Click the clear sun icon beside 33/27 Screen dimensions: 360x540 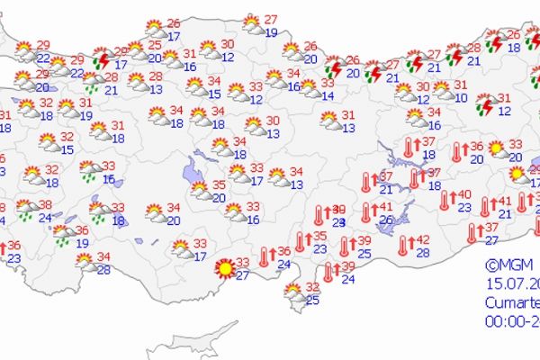pos(223,268)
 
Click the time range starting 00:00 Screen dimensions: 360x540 pos(511,319)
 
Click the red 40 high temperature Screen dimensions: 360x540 pos(463,194)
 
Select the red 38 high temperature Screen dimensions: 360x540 pos(43,204)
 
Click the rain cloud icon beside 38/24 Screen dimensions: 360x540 pos(27,210)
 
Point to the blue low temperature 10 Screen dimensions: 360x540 pos(461,97)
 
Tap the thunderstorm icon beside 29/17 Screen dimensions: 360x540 pos(103,60)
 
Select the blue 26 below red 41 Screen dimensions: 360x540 pos(388,220)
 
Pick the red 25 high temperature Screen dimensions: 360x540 pos(155,45)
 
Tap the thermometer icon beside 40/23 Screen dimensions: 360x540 pos(444,200)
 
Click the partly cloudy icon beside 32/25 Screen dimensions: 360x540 pos(293,292)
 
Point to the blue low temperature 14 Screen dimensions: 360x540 pos(328,95)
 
